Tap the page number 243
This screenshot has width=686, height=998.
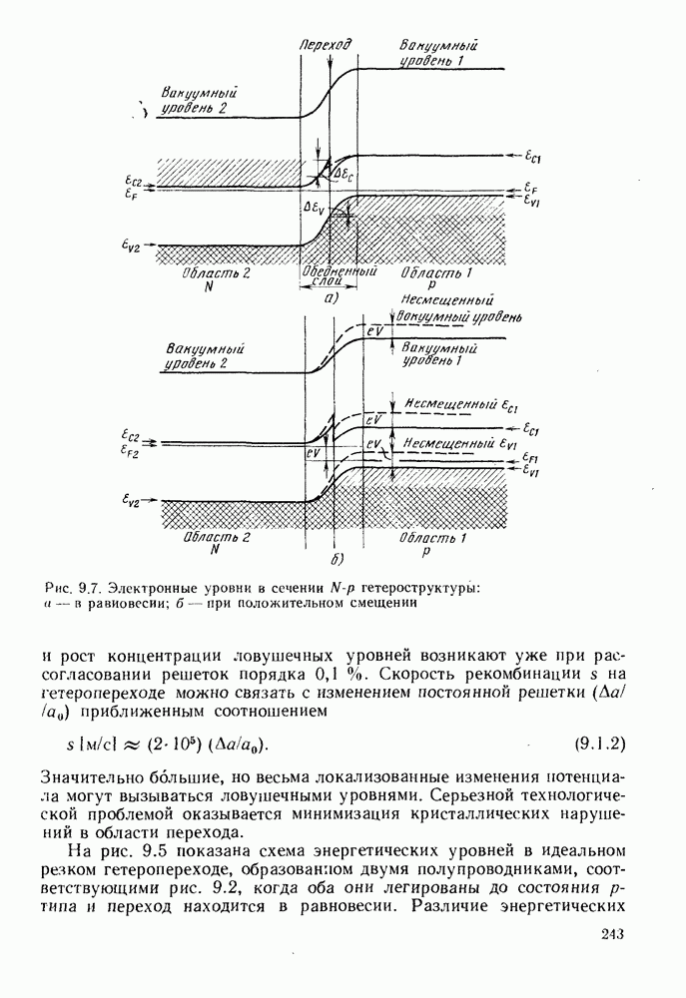pyautogui.click(x=612, y=934)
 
